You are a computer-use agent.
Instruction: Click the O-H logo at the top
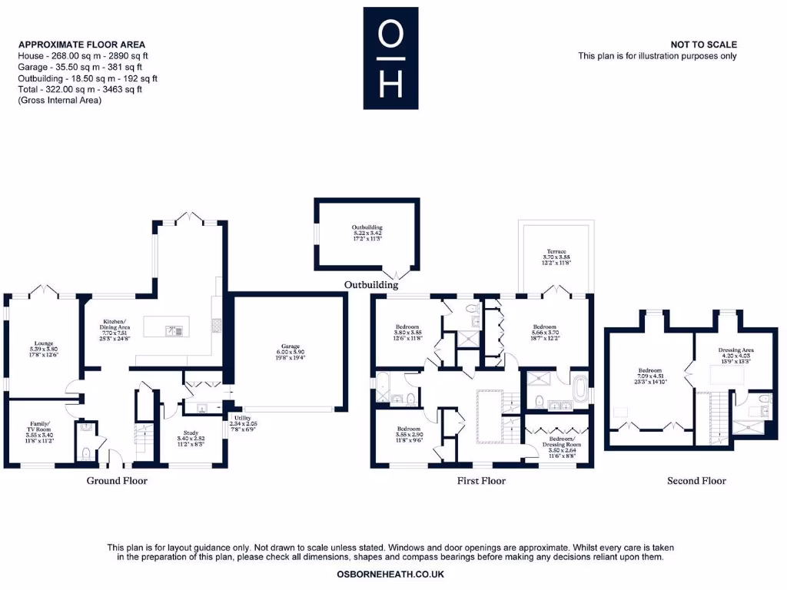click(390, 58)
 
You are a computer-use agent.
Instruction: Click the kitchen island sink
click(176, 331)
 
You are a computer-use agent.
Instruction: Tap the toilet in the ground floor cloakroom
click(86, 451)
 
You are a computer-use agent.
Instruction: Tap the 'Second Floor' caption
click(696, 481)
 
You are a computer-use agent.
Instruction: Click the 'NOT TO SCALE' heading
click(703, 45)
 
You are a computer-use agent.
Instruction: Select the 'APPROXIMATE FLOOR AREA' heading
click(81, 45)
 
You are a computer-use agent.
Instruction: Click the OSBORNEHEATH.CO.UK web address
click(390, 574)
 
